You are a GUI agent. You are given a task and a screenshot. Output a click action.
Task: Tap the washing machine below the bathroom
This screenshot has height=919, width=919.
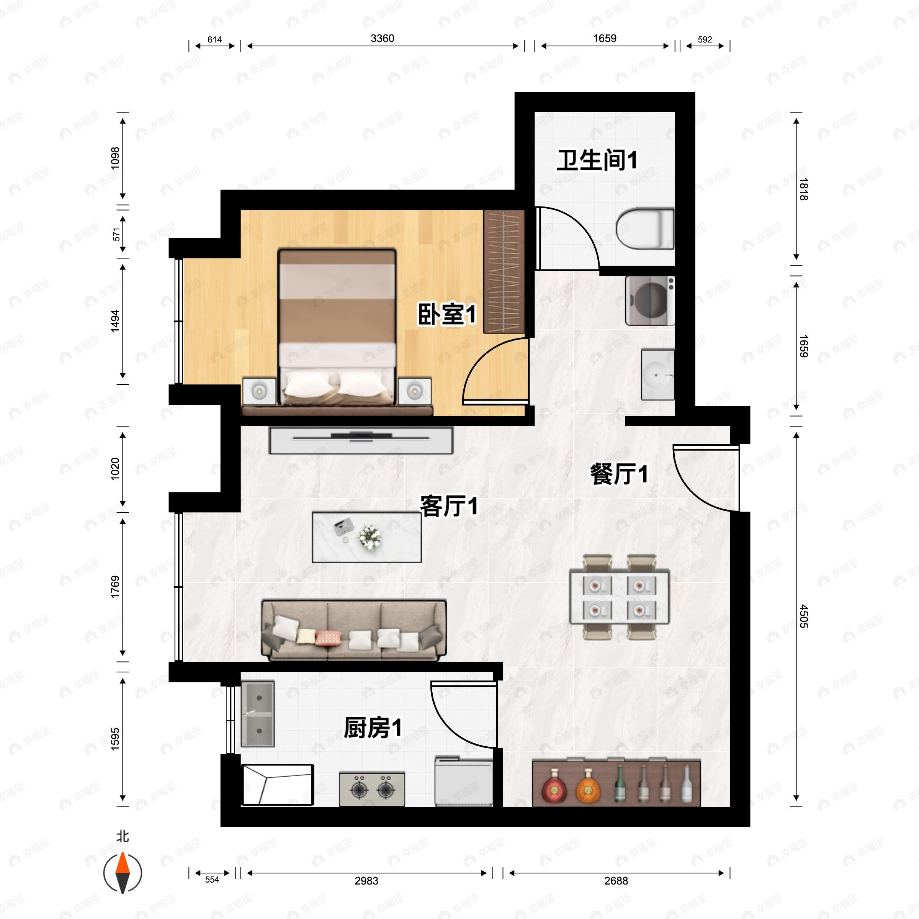point(650,301)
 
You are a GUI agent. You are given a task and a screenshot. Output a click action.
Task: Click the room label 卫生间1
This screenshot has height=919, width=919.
point(597,160)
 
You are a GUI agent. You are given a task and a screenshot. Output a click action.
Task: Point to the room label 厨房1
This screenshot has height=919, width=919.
point(373,728)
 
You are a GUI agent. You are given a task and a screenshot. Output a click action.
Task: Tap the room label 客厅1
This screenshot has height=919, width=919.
point(448,506)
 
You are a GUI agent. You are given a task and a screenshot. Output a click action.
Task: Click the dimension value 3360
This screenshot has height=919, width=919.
point(382,39)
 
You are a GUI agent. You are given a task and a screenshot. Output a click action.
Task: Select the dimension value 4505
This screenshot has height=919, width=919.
point(803,616)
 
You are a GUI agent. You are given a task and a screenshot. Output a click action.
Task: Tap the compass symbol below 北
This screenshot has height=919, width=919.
point(123,873)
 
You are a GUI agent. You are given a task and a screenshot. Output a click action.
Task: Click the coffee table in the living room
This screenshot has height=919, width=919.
point(366,537)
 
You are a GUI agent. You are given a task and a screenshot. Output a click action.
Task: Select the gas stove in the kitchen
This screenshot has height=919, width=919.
point(372,790)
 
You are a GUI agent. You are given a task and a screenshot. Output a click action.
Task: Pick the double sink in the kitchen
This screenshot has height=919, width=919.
point(258,713)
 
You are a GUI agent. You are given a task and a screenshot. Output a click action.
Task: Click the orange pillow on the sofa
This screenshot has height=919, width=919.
point(328,638)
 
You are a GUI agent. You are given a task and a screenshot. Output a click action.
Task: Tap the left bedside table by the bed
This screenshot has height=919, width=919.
point(259,391)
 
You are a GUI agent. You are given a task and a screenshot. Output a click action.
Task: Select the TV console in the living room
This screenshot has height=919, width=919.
point(361,440)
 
